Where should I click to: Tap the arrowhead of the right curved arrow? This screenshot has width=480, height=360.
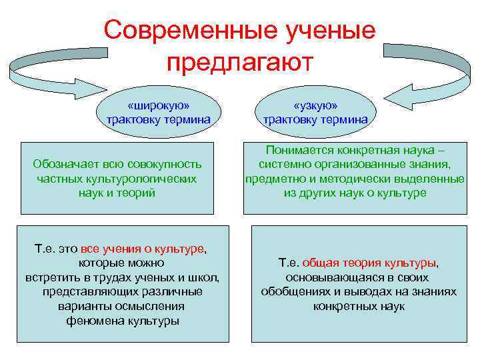click(x=399, y=93)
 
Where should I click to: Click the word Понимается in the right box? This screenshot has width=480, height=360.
click(x=297, y=151)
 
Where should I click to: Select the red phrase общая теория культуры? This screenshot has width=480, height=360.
click(x=370, y=263)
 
